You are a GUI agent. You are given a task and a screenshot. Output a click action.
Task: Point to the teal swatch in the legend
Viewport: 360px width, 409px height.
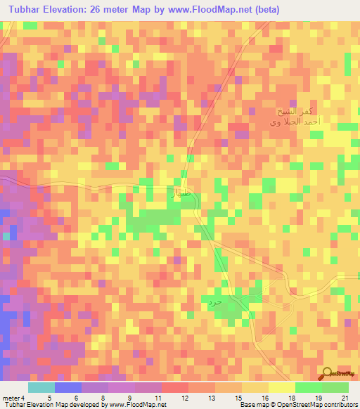point(41,387)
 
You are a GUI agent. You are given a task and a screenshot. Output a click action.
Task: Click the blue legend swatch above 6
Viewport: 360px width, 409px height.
point(67,387)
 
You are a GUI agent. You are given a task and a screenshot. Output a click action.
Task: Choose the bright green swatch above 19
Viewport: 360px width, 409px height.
point(308,387)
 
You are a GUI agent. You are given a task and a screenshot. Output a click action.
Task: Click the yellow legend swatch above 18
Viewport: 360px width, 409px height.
point(281,387)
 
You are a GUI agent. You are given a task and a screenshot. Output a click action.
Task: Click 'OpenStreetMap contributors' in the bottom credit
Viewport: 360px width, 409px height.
point(319,405)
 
